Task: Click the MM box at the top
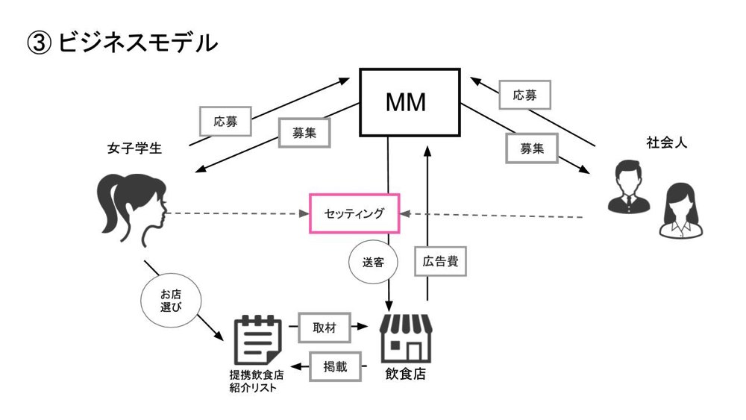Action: pyautogui.click(x=410, y=101)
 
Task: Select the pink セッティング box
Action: pyautogui.click(x=354, y=213)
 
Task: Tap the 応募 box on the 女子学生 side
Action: pyautogui.click(x=225, y=119)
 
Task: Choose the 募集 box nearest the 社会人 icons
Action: pyautogui.click(x=532, y=147)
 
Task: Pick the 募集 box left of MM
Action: pyautogui.click(x=304, y=132)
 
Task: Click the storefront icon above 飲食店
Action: pyautogui.click(x=405, y=337)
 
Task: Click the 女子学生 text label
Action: pyautogui.click(x=135, y=148)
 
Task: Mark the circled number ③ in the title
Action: pyautogui.click(x=40, y=43)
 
